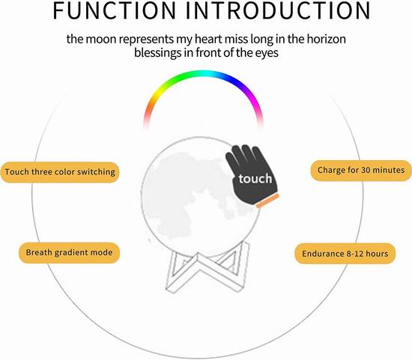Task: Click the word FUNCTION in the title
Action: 115,10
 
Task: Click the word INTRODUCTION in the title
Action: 278,10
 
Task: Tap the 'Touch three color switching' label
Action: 60,172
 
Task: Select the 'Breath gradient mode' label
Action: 69,253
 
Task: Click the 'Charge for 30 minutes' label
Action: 361,171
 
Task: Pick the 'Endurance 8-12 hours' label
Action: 345,254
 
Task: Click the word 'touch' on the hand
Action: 255,179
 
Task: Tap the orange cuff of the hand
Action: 267,201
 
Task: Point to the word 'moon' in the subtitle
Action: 101,40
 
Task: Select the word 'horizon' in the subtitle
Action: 327,39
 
